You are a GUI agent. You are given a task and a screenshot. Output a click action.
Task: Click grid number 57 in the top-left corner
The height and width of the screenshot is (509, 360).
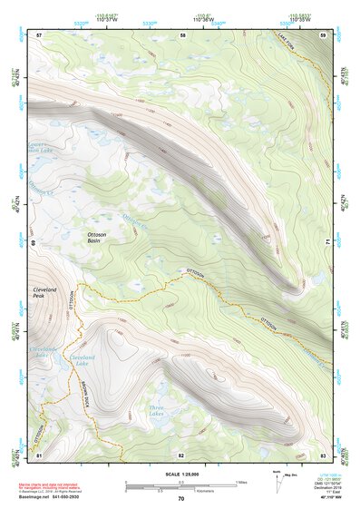[x=39, y=34]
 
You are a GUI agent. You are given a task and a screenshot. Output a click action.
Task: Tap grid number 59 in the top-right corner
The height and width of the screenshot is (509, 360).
[x=323, y=34]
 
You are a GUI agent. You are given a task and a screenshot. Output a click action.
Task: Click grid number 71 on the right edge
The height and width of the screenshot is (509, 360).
[x=326, y=243]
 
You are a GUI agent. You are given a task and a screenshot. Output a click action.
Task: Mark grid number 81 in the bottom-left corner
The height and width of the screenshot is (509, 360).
[x=39, y=455]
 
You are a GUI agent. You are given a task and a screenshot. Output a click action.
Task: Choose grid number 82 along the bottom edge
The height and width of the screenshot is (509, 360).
[x=181, y=455]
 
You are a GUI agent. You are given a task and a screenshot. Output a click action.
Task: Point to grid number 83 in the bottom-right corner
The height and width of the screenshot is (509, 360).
[x=323, y=455]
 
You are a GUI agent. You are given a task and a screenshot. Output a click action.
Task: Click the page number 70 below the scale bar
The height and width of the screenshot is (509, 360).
[x=180, y=498]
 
